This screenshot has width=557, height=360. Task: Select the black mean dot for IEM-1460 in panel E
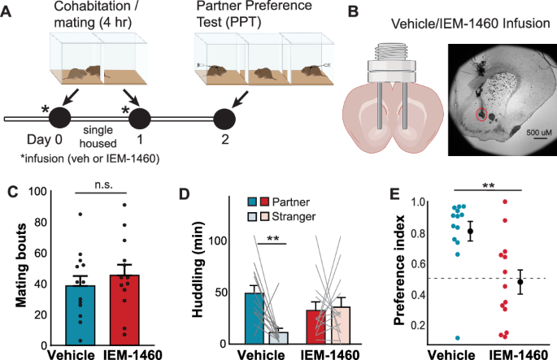pos(520,282)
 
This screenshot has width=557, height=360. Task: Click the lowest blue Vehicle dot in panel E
pos(459,337)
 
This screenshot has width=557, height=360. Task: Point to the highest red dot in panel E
pos(504,202)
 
